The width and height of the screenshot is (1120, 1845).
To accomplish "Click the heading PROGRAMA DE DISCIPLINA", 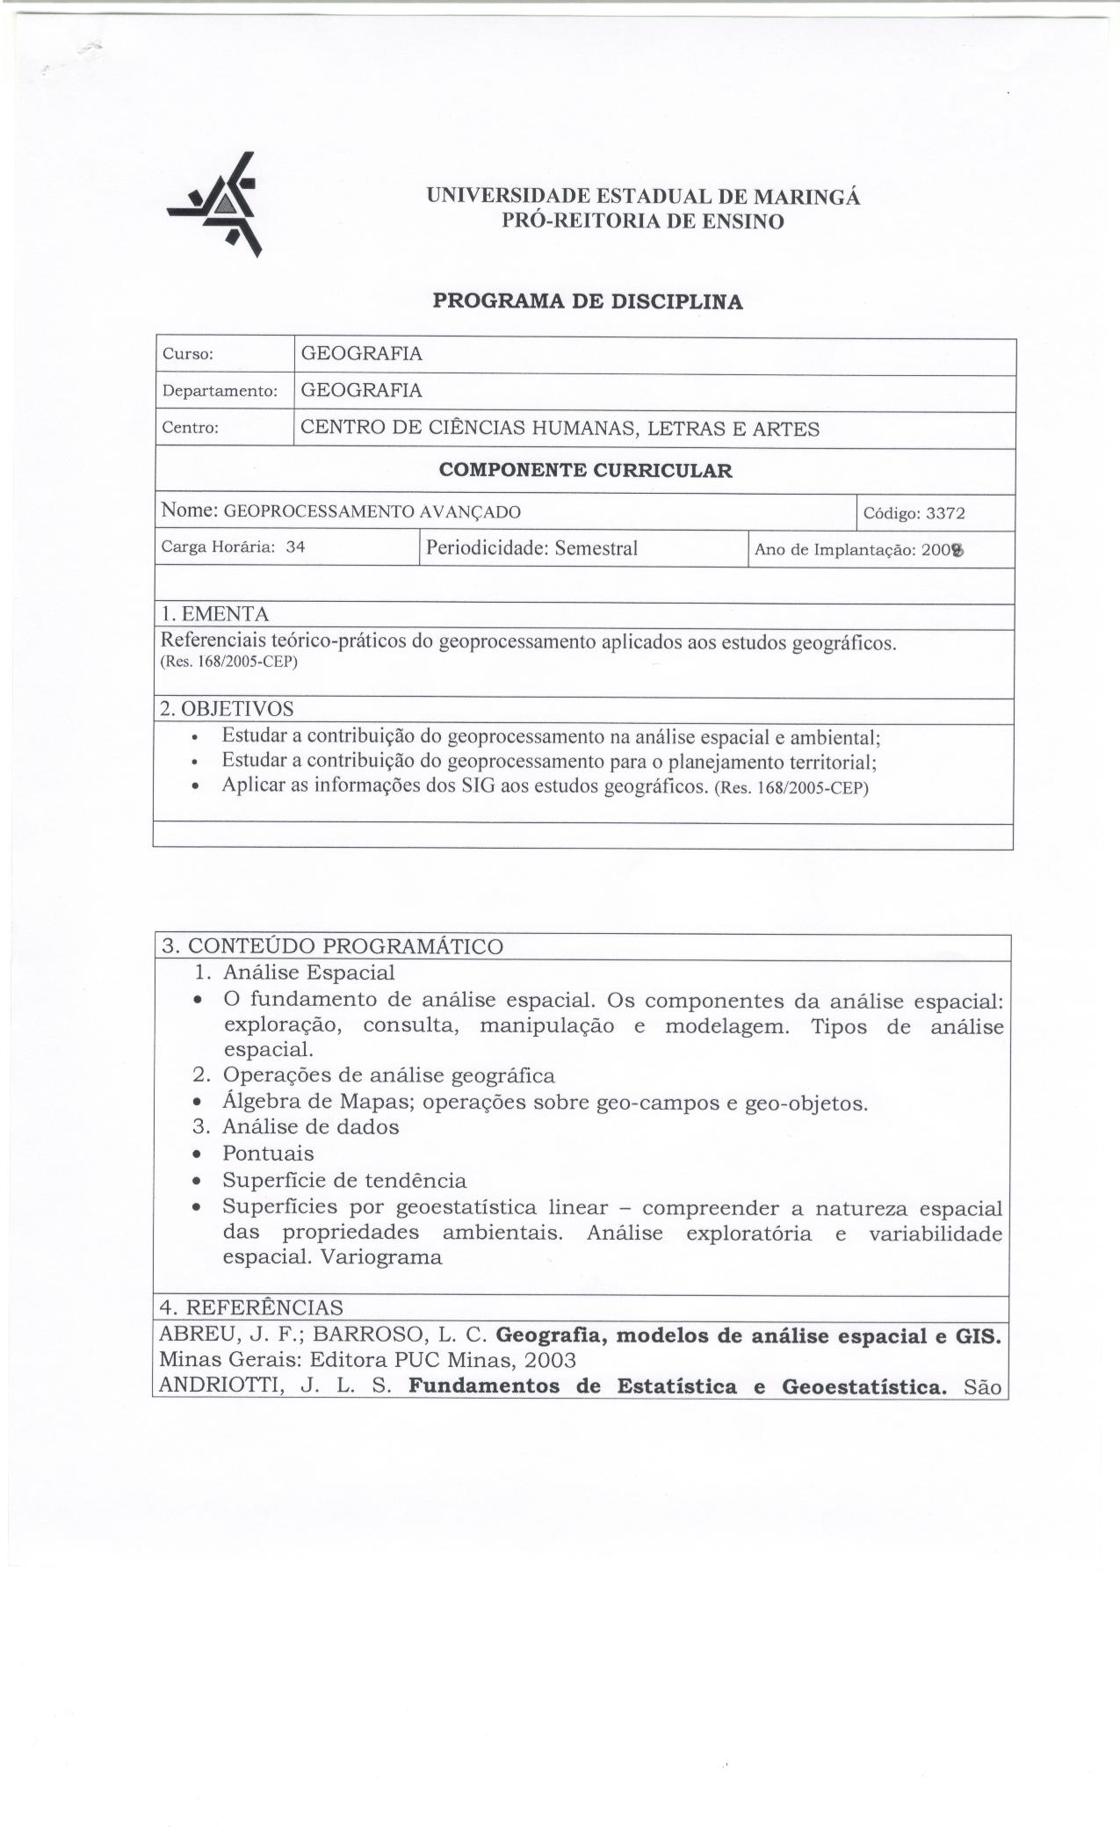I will coord(588,302).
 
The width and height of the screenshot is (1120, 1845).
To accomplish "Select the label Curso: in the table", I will coord(188,355).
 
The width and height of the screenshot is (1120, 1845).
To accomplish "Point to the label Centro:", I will coord(190,429).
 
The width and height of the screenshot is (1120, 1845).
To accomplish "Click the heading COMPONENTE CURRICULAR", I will coord(585,471).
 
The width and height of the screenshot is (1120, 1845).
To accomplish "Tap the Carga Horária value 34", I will coord(295,546).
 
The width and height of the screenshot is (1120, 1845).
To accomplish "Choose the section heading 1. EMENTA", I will coord(215,614).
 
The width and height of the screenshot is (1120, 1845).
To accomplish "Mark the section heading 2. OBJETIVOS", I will coord(227,708).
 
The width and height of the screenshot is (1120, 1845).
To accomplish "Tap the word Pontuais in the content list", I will coord(268,1154).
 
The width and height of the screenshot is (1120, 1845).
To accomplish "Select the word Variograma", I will coord(381,1257).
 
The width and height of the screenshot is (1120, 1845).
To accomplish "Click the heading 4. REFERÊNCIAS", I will coord(251,1307).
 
